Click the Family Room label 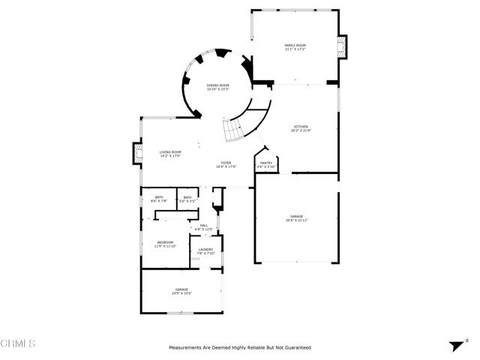pos(295,46)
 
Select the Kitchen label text pos(300,127)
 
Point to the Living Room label pos(169,152)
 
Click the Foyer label pos(226,163)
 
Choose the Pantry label pos(266,163)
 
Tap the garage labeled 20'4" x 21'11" pos(296,216)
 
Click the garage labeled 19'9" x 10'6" pos(181,289)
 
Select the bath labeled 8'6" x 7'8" pos(159,198)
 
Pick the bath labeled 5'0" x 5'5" pos(187,198)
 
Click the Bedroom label pos(165,242)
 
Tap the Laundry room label pos(205,250)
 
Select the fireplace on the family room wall pos(343,47)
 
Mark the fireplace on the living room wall pos(136,153)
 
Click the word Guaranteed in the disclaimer pos(297,348)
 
